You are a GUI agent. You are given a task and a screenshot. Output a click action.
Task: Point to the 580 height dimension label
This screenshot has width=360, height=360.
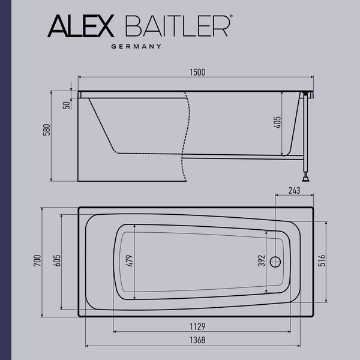click(46, 131)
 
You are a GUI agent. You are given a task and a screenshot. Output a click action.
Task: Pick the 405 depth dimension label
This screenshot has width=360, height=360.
click(277, 124)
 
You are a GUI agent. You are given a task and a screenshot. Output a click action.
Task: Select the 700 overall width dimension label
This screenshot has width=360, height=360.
click(38, 262)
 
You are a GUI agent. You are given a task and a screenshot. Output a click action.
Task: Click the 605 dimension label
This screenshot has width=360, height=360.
click(57, 262)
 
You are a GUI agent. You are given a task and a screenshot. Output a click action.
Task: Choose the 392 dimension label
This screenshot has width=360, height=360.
click(262, 262)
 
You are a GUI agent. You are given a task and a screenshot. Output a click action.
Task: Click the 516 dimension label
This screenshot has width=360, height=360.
click(322, 262)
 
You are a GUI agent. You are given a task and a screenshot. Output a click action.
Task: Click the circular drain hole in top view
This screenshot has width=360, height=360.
click(275, 262)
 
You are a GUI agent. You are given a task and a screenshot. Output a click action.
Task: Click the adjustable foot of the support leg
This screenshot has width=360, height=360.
click(306, 177)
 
